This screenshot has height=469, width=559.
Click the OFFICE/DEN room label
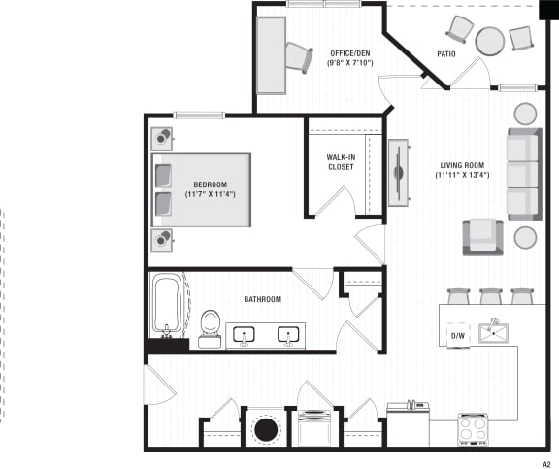(350, 53)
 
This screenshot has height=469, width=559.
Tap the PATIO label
(446, 54)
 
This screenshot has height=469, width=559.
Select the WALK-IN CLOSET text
(341, 161)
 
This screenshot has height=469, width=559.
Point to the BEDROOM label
(210, 184)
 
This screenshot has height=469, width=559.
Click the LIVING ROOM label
(461, 165)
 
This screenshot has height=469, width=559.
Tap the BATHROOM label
(262, 299)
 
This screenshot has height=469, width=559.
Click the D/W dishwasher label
(457, 336)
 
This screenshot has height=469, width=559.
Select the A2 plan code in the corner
(546, 463)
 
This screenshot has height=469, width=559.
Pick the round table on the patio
(490, 41)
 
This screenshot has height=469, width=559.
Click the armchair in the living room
(482, 237)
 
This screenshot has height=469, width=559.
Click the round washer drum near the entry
(265, 428)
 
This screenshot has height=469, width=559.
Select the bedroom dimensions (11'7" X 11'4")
(210, 195)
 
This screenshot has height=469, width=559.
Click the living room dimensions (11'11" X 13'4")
(461, 176)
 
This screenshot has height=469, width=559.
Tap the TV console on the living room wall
(397, 173)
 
